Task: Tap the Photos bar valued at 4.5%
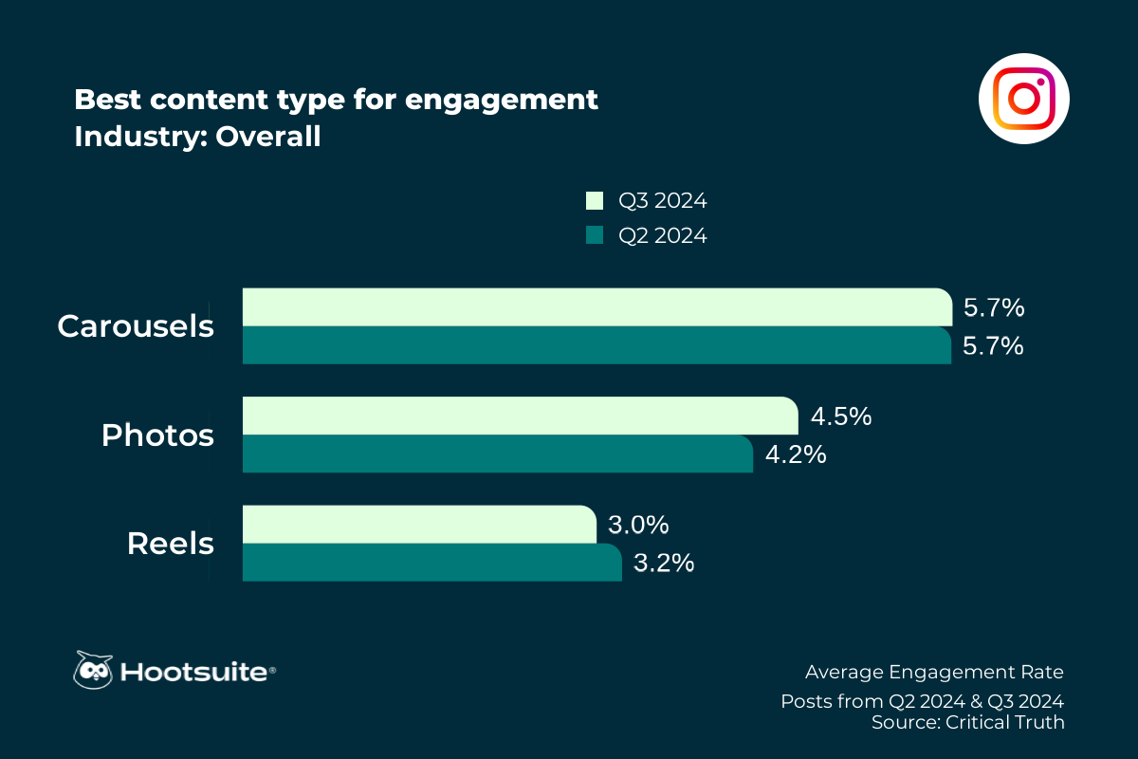pyautogui.click(x=520, y=416)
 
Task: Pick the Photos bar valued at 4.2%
pyautogui.click(x=497, y=454)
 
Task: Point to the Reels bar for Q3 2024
pyautogui.click(x=418, y=525)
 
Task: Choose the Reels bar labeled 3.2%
pyautogui.click(x=431, y=563)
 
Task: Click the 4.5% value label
pyautogui.click(x=840, y=417)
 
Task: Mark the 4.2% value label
pyautogui.click(x=795, y=454)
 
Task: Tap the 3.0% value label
pyautogui.click(x=639, y=525)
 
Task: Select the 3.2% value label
pyautogui.click(x=664, y=563)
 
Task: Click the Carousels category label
pyautogui.click(x=135, y=326)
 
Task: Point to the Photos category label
pyautogui.click(x=157, y=435)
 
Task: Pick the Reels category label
pyautogui.click(x=170, y=545)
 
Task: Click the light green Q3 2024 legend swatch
pyautogui.click(x=595, y=201)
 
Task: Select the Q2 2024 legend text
pyautogui.click(x=663, y=235)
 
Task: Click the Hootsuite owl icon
pyautogui.click(x=93, y=670)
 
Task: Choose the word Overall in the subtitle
pyautogui.click(x=268, y=137)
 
